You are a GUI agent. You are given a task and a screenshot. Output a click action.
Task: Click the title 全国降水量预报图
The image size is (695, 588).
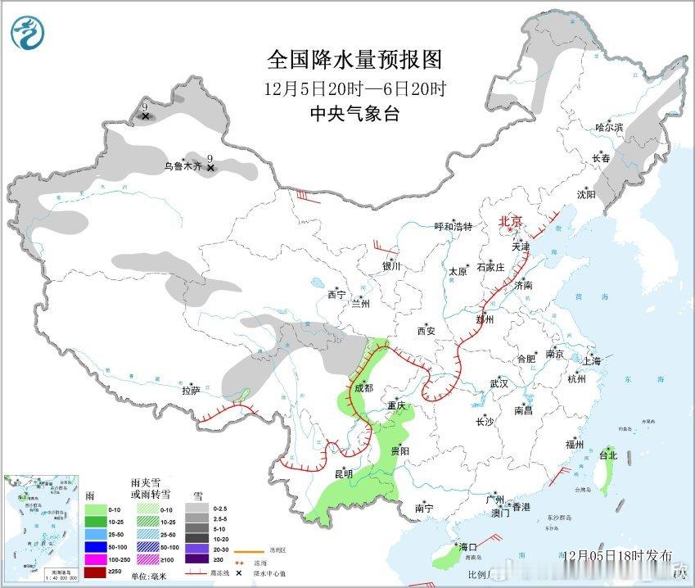[x=354, y=60]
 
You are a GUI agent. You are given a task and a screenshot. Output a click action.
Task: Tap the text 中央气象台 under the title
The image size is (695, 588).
[x=354, y=115]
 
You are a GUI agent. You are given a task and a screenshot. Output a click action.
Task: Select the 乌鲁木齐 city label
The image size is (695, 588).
[x=182, y=166]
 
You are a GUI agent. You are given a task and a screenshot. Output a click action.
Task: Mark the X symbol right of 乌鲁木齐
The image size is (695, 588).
[x=210, y=168]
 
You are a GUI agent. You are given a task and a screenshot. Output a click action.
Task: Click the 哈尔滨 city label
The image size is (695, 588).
[x=609, y=128]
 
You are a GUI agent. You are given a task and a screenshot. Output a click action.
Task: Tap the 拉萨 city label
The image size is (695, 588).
[x=191, y=391]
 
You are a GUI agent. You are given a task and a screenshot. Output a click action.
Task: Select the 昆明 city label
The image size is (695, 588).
[x=343, y=473]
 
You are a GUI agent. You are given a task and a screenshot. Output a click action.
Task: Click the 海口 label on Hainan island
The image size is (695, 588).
[x=467, y=546]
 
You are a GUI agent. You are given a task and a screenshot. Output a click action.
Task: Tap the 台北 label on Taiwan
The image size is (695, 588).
[x=607, y=455]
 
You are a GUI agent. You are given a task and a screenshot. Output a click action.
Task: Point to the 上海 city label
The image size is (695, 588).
[x=590, y=361]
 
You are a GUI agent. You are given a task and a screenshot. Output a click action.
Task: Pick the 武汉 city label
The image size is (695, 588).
[x=499, y=383]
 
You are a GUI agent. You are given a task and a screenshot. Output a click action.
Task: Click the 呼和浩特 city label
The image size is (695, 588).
[x=453, y=227]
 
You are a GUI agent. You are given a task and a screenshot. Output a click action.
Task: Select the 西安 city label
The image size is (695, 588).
[x=426, y=331]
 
